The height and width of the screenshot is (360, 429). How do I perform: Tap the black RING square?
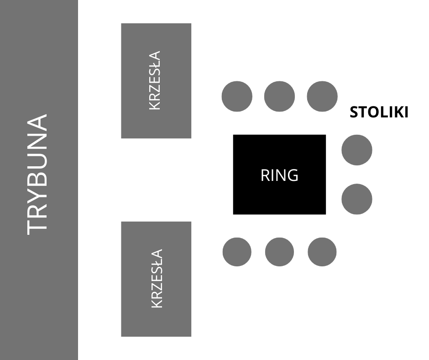click(x=279, y=175)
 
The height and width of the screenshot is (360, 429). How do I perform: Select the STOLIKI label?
click(x=379, y=112)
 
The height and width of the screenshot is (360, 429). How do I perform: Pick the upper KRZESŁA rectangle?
click(x=156, y=80)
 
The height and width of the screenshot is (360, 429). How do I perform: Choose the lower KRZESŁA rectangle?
click(x=156, y=279)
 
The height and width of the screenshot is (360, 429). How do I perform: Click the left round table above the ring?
click(x=237, y=96)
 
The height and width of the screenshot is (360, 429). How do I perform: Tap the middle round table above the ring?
click(x=279, y=96)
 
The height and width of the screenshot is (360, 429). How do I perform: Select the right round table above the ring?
click(x=322, y=96)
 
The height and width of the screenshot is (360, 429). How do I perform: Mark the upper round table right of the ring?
click(x=357, y=150)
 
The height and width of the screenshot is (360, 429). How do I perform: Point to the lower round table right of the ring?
click(x=357, y=199)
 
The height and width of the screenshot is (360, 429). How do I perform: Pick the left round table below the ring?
click(x=237, y=252)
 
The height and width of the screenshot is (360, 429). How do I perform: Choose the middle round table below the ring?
click(x=279, y=252)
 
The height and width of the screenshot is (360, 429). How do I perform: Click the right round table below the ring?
click(x=322, y=252)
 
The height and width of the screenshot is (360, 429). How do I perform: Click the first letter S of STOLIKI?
click(x=354, y=112)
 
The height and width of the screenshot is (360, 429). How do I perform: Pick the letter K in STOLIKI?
click(x=394, y=112)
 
